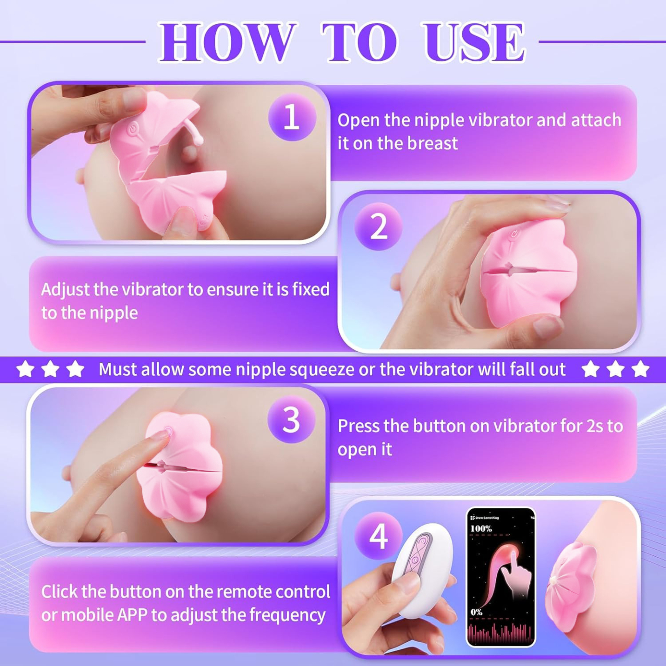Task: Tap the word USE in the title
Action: click(x=474, y=42)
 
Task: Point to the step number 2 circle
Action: click(x=378, y=227)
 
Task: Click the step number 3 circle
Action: click(x=291, y=420)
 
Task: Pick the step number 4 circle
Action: click(x=378, y=536)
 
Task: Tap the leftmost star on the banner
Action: click(x=25, y=369)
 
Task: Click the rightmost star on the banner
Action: click(x=640, y=369)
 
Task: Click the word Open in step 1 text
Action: click(x=359, y=120)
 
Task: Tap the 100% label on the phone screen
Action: click(x=481, y=529)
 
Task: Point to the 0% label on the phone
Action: click(x=477, y=612)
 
